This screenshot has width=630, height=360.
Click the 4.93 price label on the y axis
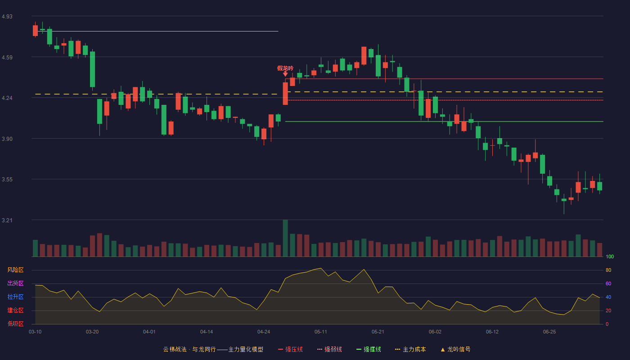(x=7, y=17)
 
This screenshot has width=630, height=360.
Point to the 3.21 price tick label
(x=7, y=220)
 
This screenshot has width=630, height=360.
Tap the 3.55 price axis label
(x=7, y=180)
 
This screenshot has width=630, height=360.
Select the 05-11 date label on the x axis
(x=320, y=332)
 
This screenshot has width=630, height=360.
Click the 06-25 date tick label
(x=549, y=332)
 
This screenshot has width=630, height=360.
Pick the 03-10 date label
(x=35, y=332)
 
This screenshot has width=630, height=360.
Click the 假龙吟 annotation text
(x=285, y=68)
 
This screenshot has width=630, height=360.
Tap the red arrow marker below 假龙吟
(x=285, y=74)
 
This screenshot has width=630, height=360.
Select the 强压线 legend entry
(x=290, y=349)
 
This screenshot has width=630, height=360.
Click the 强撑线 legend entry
(x=369, y=349)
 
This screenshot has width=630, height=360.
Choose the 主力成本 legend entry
(x=410, y=349)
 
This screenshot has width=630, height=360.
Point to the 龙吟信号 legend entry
(x=455, y=349)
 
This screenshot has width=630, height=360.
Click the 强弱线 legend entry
(x=329, y=349)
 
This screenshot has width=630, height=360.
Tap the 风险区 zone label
(x=15, y=270)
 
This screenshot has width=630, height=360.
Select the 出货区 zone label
(x=15, y=283)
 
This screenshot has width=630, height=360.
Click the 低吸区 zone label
(x=15, y=324)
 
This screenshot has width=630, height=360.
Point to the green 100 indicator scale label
(x=610, y=256)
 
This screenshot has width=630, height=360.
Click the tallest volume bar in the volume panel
(x=285, y=238)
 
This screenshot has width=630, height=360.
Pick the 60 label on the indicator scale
(x=608, y=283)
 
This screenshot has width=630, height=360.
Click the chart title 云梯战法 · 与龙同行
(x=189, y=349)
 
